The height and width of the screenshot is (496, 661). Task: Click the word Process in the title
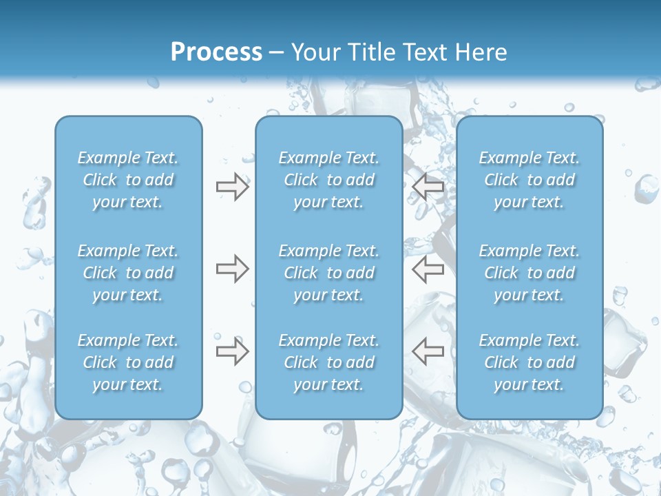coord(216,52)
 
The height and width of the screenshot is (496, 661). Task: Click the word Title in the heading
coord(371,52)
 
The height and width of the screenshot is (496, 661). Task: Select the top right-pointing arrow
coord(232,187)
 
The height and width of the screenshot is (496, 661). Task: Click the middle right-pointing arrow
coord(232,269)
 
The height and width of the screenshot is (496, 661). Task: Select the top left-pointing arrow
coord(428,187)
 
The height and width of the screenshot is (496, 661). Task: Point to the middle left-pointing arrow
coord(428,269)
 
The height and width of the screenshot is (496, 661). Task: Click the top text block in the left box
coord(128,180)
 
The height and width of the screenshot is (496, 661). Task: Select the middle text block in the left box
coord(128,273)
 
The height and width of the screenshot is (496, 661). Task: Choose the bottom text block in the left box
coord(128,362)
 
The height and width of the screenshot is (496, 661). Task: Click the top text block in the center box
coord(329,180)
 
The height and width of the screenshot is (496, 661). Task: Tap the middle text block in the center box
coord(329,273)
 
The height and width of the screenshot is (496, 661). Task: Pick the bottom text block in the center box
coord(329,362)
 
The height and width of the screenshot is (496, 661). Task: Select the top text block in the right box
coord(529,180)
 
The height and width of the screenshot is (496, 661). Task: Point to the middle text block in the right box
coord(529,273)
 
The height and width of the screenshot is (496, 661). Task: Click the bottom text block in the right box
coord(529,362)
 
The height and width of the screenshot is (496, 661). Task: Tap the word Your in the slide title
coord(314,52)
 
